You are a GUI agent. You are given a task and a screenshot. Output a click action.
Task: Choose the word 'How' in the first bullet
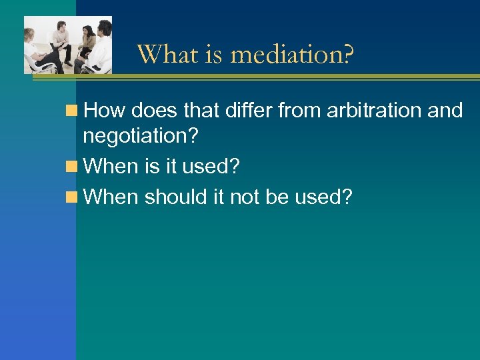(x=105, y=111)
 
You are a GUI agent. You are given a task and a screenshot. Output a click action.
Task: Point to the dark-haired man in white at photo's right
(x=103, y=47)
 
